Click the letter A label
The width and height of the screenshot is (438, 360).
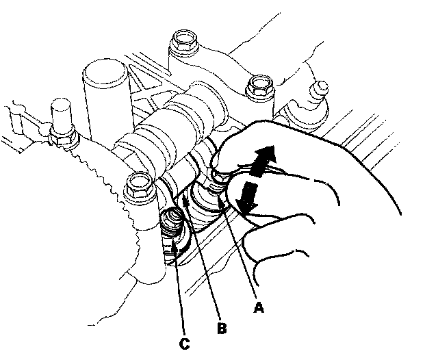point(259,307)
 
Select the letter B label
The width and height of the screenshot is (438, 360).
point(222,328)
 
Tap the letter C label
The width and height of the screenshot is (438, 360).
point(185,344)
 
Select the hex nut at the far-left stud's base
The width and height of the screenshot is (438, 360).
point(63,137)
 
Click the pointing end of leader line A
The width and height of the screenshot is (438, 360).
point(220,196)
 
